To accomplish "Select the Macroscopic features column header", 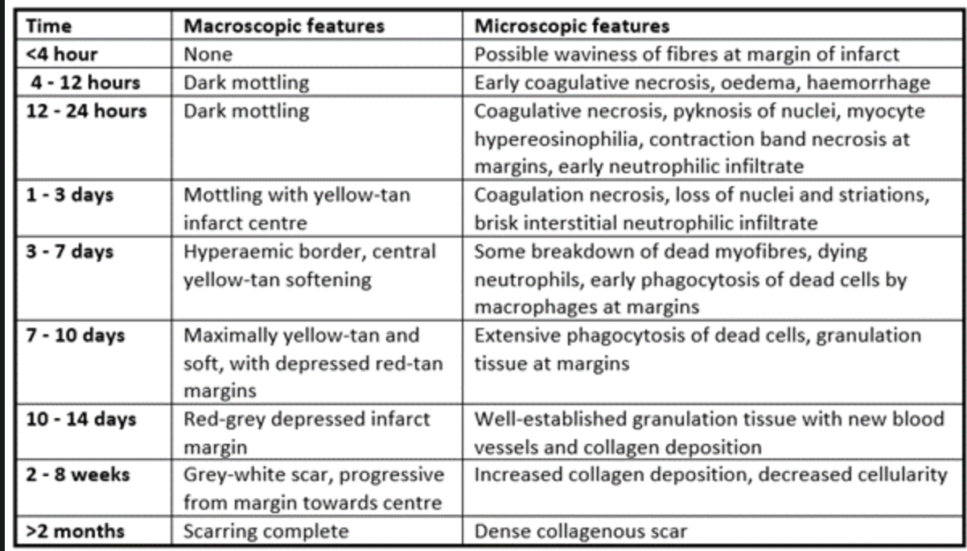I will pyautogui.click(x=284, y=25).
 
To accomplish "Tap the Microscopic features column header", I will pyautogui.click(x=571, y=25).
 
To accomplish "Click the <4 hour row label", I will pyautogui.click(x=62, y=54).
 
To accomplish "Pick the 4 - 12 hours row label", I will pyautogui.click(x=86, y=82).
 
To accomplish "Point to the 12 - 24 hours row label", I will pyautogui.click(x=86, y=110).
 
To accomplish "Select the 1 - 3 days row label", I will pyautogui.click(x=70, y=196).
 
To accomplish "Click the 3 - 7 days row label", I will pyautogui.click(x=70, y=251).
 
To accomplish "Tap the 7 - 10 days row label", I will pyautogui.click(x=76, y=335).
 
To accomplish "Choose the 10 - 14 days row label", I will pyautogui.click(x=81, y=419).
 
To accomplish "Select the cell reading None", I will pyautogui.click(x=208, y=54).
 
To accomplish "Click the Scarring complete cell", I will pyautogui.click(x=266, y=531).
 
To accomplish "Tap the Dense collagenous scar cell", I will pyautogui.click(x=581, y=531).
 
